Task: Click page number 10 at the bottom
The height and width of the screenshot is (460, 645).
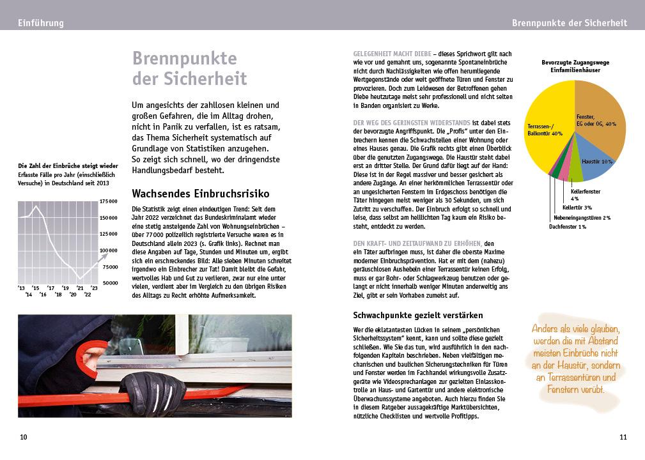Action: [24, 438]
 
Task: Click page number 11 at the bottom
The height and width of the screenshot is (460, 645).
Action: [623, 438]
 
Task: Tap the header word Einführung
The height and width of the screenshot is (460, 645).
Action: [41, 23]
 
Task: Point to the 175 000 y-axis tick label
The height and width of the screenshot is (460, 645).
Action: [109, 201]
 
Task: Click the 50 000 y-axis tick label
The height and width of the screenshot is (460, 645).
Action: [110, 282]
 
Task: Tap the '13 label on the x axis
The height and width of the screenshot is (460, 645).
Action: [22, 288]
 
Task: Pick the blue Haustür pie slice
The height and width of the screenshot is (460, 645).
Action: [597, 160]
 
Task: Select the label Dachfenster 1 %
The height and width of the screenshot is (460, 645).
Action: [567, 227]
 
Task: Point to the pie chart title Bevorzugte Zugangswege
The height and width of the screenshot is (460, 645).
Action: [575, 63]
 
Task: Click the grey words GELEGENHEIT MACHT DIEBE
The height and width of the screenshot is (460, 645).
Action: [391, 54]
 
